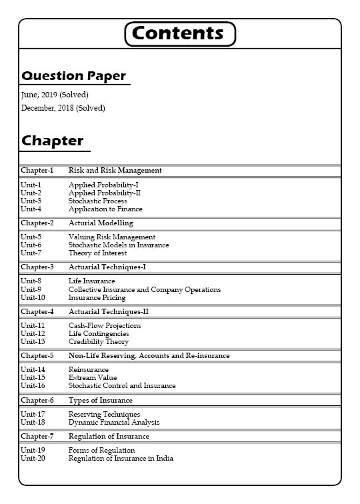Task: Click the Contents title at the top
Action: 180,33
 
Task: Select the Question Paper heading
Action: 73,76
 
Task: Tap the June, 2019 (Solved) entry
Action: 55,95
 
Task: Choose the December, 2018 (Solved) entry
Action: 63,108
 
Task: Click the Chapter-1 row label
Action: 37,171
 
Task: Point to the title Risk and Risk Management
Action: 115,171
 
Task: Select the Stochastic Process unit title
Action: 97,201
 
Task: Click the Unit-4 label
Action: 31,209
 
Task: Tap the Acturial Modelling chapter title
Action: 101,223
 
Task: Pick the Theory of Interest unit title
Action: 97,253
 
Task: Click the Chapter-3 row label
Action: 37,267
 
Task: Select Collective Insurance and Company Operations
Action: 144,289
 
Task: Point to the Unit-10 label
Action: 33,297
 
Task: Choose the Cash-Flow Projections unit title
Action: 105,325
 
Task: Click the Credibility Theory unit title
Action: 99,341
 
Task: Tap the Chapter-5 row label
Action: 37,356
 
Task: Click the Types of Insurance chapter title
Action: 100,401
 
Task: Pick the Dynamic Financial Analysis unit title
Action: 114,422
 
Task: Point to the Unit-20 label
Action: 33,459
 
